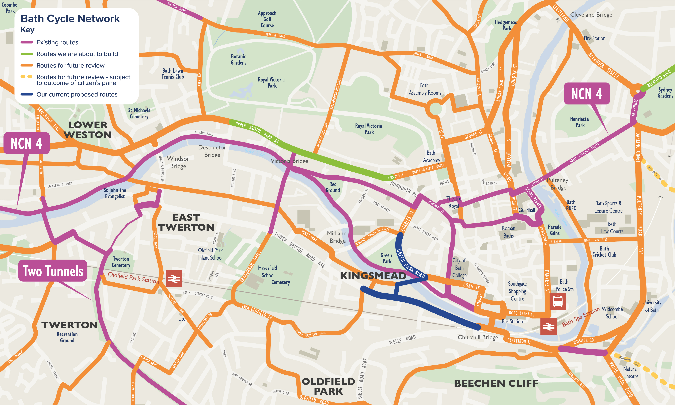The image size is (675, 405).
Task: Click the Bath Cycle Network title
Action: tap(70, 19)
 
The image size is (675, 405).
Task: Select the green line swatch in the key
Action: tap(27, 54)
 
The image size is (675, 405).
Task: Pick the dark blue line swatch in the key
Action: tap(27, 94)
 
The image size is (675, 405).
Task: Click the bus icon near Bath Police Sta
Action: tap(557, 301)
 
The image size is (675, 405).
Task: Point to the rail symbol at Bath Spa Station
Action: tap(548, 326)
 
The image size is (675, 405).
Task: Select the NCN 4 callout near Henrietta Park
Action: tap(587, 94)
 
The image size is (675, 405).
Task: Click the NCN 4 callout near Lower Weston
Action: tap(26, 143)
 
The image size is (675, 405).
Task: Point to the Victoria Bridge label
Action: tap(289, 161)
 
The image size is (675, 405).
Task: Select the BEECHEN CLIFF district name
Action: tap(496, 383)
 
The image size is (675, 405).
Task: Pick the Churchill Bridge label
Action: tap(478, 337)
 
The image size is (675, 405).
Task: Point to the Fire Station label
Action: tap(595, 38)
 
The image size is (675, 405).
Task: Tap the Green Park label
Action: tap(386, 258)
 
